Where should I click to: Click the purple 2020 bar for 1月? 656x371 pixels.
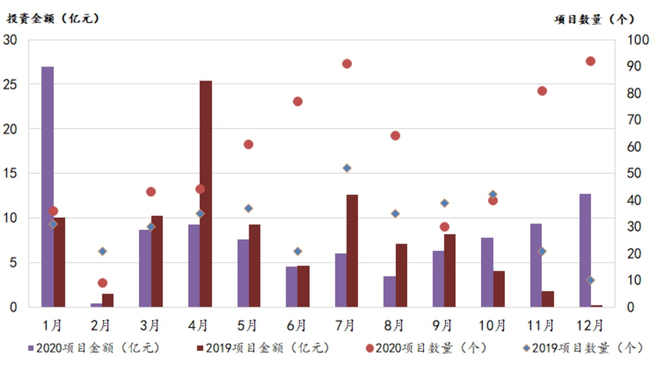tap(47, 186)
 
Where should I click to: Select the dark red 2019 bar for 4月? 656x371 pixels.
tap(206, 194)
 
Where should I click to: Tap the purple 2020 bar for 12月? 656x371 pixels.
tap(584, 250)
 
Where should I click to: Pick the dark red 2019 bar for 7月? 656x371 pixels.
tap(352, 250)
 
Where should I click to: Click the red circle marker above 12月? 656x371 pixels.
tap(590, 61)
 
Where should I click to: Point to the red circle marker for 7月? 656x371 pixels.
tap(347, 64)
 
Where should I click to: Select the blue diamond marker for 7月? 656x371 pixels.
tap(347, 168)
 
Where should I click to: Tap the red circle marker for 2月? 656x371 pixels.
tap(102, 283)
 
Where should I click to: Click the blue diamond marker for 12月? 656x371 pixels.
tap(590, 280)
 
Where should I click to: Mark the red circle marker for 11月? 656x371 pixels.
tap(542, 91)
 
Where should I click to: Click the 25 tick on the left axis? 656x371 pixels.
tap(12, 84)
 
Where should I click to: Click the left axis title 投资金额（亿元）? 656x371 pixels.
tap(53, 19)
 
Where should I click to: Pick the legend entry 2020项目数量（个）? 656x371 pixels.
tap(426, 348)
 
